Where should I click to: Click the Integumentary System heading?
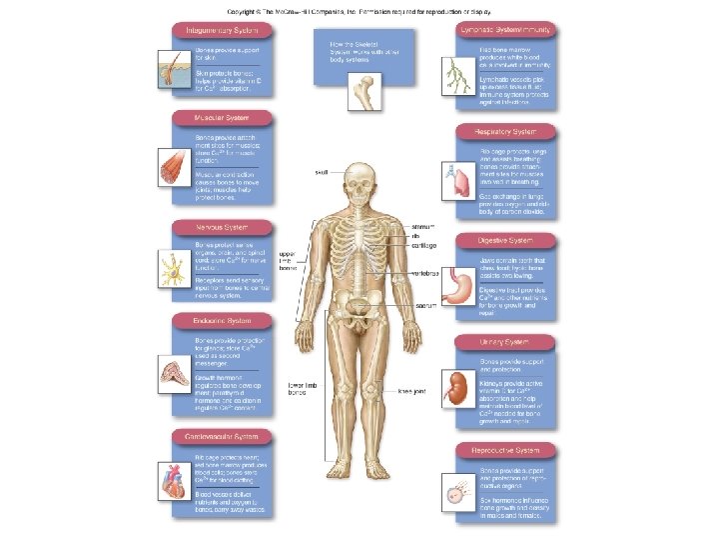point(222,30)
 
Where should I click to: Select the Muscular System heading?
point(216,118)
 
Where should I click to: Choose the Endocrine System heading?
point(218,321)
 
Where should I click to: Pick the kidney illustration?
point(460,385)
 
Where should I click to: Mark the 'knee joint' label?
point(412,391)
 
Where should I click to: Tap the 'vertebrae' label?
point(428,272)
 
